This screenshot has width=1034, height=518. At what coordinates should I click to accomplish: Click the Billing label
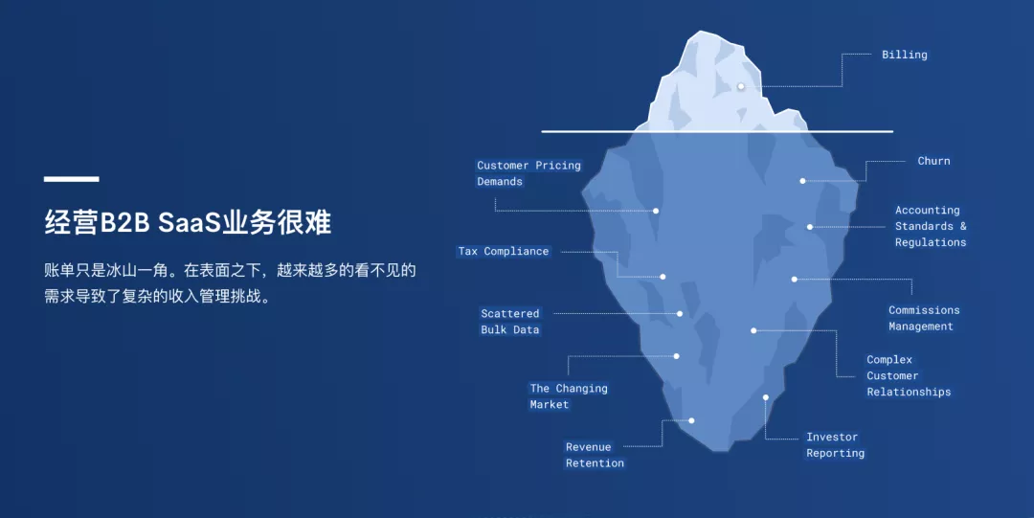click(x=904, y=55)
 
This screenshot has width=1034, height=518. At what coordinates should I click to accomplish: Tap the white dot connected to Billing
click(x=740, y=86)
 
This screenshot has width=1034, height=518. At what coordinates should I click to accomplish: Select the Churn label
click(x=933, y=161)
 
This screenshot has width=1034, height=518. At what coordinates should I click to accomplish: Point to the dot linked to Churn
click(x=802, y=181)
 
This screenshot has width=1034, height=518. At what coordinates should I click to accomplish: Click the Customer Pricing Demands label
click(x=528, y=173)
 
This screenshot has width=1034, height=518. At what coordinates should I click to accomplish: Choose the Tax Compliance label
click(x=504, y=252)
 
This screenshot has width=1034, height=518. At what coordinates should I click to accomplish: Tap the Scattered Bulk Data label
click(x=509, y=322)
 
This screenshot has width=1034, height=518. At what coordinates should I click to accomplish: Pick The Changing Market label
click(x=569, y=396)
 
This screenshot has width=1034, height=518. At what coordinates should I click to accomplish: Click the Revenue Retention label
click(x=595, y=456)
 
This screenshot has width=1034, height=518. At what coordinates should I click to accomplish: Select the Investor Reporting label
click(x=835, y=445)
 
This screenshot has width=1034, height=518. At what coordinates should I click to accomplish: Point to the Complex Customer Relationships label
click(x=909, y=376)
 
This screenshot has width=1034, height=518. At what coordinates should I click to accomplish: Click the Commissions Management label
click(x=924, y=318)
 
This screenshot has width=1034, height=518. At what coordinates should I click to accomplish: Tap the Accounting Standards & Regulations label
click(x=931, y=226)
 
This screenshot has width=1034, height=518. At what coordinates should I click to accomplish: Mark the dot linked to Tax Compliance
click(x=663, y=277)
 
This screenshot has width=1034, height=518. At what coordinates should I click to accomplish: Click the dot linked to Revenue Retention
click(x=691, y=420)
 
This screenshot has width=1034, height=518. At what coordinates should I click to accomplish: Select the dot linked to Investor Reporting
click(x=766, y=397)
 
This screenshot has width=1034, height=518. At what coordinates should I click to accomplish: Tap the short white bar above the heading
click(x=71, y=179)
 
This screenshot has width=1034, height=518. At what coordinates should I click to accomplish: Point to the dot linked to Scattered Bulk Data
click(x=679, y=313)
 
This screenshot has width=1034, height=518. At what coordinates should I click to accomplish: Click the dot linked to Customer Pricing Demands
click(x=656, y=212)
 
